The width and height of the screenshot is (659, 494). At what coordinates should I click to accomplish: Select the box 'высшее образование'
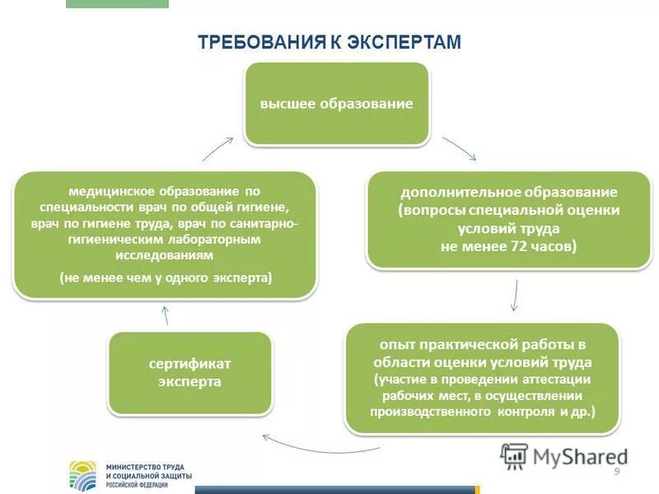[x=336, y=105]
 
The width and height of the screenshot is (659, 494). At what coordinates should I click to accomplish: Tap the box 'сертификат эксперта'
[x=190, y=373]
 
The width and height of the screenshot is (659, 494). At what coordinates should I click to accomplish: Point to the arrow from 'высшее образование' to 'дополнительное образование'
[x=460, y=148]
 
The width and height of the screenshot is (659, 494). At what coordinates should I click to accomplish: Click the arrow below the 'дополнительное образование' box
[x=515, y=295]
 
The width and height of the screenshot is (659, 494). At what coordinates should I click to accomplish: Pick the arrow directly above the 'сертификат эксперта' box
[x=165, y=315]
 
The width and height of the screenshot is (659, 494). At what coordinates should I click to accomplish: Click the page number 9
[x=616, y=470]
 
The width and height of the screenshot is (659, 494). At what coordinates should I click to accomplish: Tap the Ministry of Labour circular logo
[x=82, y=476]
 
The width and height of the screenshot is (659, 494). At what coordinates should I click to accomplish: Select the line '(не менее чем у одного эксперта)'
[x=166, y=278]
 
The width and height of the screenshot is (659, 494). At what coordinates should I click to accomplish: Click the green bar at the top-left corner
[x=116, y=3]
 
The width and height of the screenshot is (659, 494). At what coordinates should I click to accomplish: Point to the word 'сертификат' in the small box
[x=190, y=363]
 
